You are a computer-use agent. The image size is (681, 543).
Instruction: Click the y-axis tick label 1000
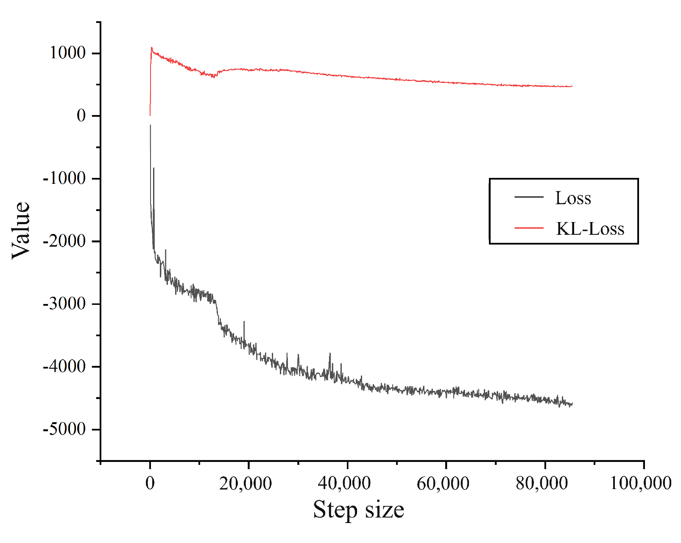[x=68, y=53]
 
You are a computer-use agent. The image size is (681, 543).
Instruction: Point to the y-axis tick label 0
[x=81, y=115]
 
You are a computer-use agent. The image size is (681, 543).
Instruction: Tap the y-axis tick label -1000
[x=64, y=178]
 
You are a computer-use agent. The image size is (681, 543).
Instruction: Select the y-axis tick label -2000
[x=64, y=241]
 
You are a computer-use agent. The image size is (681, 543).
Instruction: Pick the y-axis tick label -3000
[x=64, y=304]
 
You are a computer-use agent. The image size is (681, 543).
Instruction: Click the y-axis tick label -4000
[x=64, y=366]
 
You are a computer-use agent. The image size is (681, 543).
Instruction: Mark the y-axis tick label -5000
[x=64, y=429]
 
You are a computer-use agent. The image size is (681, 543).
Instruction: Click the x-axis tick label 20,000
[x=246, y=483]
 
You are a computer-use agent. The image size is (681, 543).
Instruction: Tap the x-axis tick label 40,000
[x=344, y=483]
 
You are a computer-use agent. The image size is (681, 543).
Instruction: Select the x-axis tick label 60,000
[x=443, y=483]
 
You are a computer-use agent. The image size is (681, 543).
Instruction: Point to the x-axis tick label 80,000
[x=542, y=483]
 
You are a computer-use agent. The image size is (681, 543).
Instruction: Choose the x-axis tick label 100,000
[x=641, y=483]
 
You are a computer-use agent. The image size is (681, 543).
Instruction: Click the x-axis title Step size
[x=358, y=509]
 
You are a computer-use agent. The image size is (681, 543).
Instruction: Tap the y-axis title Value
[x=21, y=230]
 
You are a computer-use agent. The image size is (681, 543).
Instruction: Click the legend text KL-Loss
[x=590, y=229]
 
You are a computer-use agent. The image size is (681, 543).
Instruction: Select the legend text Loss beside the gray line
[x=573, y=198]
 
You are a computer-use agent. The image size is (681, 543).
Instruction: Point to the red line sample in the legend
[x=529, y=228]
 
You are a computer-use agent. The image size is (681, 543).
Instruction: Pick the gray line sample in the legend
[x=529, y=197]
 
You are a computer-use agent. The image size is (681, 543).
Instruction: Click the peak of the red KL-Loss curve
[x=151, y=48]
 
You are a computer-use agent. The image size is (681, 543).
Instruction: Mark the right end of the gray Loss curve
[x=572, y=404]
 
